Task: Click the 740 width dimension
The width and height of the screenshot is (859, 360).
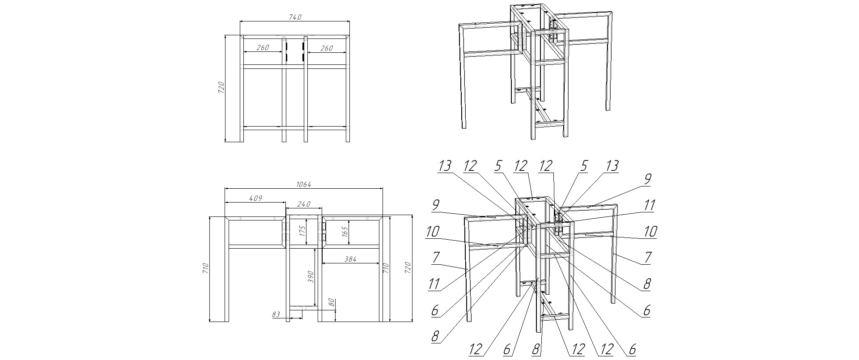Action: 295,17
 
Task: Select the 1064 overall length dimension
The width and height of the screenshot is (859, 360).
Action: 304,184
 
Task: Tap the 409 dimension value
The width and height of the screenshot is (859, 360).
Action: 255,198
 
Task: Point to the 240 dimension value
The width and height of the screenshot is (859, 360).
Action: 304,203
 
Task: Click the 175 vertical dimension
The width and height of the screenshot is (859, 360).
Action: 302,231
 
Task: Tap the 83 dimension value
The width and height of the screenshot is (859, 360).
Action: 276,314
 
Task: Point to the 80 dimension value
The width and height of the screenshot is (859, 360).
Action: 332,303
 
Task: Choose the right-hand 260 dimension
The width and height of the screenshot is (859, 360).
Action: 327,48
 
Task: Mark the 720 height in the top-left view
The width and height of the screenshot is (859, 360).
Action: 221,87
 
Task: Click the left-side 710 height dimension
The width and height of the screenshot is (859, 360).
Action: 205,268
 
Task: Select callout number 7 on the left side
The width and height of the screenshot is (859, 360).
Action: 436,257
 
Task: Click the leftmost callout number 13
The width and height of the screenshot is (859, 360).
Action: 445,166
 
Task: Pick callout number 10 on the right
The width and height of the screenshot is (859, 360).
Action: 650,232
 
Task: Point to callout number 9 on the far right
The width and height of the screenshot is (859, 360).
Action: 647,179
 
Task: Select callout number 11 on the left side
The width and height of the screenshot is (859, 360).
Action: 434,284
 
